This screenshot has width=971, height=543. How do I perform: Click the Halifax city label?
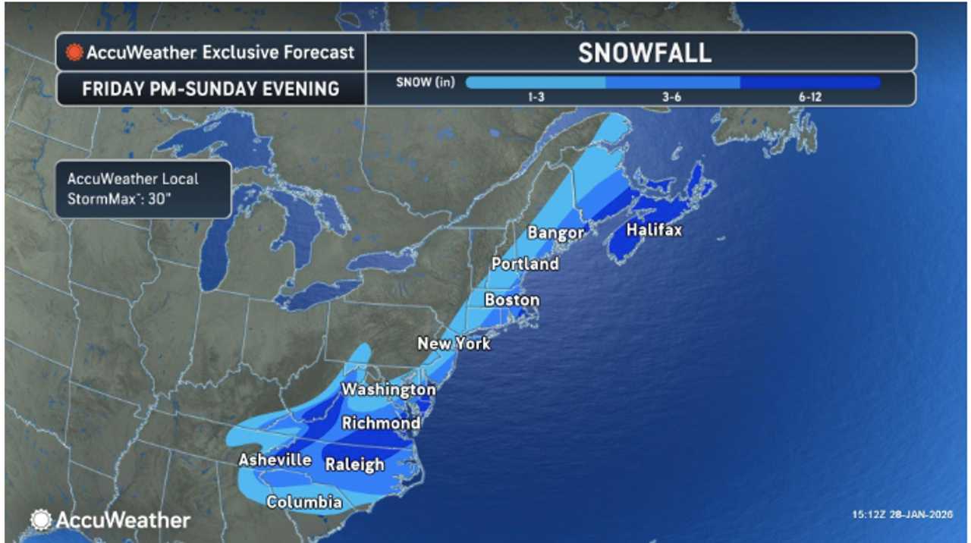click(x=653, y=230)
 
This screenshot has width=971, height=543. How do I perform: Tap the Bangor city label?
click(x=556, y=233)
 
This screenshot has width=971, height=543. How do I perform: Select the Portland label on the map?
click(x=525, y=264)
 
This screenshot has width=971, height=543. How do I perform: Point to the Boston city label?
click(x=512, y=300)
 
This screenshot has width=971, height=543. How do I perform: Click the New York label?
click(x=454, y=344)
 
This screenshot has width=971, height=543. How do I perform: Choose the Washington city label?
click(x=388, y=390)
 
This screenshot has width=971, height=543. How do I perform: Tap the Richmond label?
click(x=381, y=423)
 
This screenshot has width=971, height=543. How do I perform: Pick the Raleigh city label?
click(x=354, y=464)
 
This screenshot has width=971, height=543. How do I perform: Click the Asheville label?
click(x=275, y=460)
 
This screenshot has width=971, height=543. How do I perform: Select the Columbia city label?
click(x=303, y=502)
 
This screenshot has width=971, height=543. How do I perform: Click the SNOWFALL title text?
click(x=644, y=52)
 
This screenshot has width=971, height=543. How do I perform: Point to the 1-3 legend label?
click(x=536, y=97)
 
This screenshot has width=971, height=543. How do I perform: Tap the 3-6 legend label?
click(x=671, y=97)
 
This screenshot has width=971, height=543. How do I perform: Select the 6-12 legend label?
click(x=809, y=97)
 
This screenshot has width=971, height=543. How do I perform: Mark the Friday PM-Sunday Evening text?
click(x=211, y=89)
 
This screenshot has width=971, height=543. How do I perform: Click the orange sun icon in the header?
click(x=74, y=52)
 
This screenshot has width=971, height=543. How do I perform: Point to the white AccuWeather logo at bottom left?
click(x=110, y=520)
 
